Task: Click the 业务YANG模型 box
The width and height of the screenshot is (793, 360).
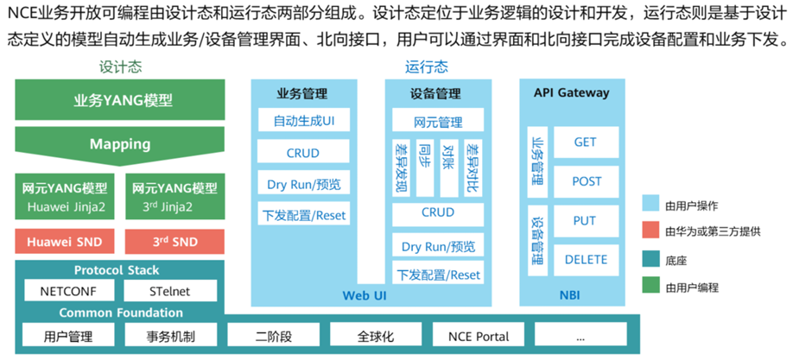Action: [x=120, y=99]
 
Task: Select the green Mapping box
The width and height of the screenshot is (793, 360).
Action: [x=120, y=144]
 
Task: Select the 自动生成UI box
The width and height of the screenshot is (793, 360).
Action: [x=303, y=120]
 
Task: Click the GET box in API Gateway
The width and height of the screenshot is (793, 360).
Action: [x=585, y=142]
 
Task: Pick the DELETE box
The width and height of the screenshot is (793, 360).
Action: [x=585, y=259]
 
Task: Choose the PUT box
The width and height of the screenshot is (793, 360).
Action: [x=585, y=220]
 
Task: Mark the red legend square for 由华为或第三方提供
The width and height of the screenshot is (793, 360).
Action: [x=650, y=231]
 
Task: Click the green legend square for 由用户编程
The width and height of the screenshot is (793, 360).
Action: [x=650, y=287]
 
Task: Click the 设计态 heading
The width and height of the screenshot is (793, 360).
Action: [x=120, y=66]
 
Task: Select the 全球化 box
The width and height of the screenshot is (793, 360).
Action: [x=375, y=336]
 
